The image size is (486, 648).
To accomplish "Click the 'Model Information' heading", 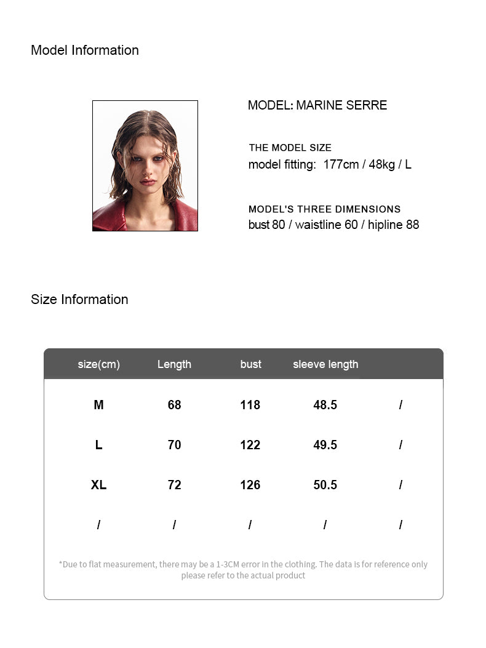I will coord(85,50).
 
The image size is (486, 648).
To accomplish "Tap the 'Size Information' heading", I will coord(79,300).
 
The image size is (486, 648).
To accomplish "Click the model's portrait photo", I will coord(145,166).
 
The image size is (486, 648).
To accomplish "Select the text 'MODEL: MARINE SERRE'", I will coord(317,105).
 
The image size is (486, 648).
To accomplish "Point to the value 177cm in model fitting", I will coord(341,165).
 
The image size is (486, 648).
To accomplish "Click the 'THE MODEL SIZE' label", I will coord(290,148).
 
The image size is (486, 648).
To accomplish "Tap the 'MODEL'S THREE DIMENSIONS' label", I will coord(324,209).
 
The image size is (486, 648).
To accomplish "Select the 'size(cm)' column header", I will coord(98,364).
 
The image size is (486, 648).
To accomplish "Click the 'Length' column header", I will coord(174,364).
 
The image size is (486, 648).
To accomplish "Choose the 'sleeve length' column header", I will coord(325,364).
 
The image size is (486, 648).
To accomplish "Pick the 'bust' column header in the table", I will coord(250,364).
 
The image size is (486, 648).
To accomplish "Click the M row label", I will coord(98,405).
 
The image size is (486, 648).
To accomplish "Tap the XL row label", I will coord(98,485).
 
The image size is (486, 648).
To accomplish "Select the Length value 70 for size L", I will coord(174,445).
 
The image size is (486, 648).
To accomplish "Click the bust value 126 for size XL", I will coord(250,485).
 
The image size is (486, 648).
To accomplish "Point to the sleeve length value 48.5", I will coord(325,405).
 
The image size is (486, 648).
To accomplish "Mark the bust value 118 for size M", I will coord(250,405).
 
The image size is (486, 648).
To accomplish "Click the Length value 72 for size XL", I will coord(174,485).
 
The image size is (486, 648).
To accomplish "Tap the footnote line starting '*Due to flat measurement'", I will coord(243,564).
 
